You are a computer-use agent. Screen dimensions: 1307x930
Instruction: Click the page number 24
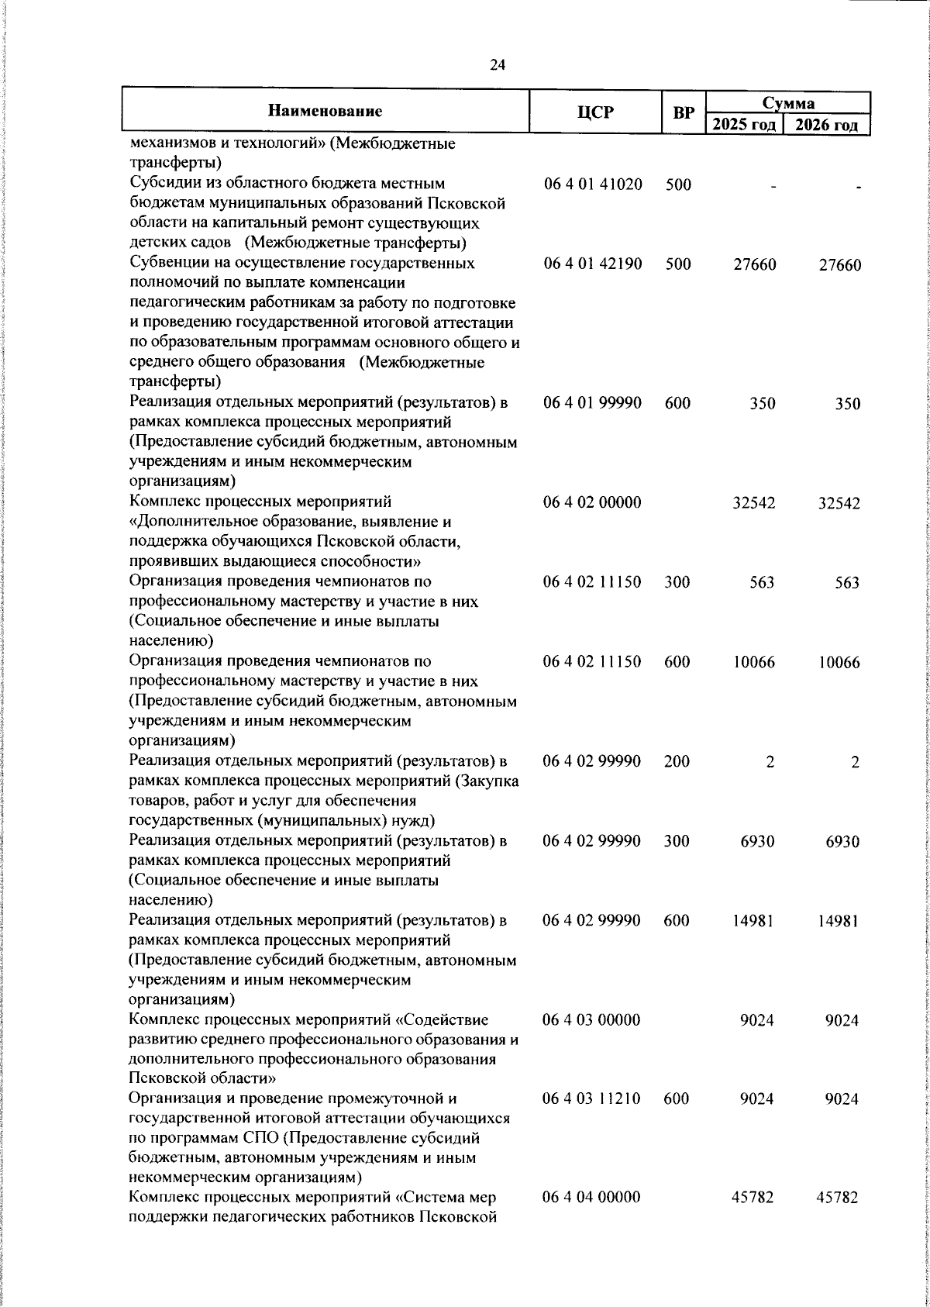pyautogui.click(x=498, y=66)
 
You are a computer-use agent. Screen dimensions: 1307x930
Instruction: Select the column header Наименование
pyautogui.click(x=325, y=111)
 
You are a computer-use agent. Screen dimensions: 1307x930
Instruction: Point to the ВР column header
pyautogui.click(x=683, y=113)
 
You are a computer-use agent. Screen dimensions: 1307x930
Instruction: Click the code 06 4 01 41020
pyautogui.click(x=593, y=185)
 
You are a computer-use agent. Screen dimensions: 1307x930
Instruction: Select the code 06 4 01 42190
pyautogui.click(x=593, y=264)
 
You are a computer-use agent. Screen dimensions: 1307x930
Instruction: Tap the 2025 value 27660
pyautogui.click(x=754, y=265)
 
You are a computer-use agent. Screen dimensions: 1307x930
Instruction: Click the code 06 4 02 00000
pyautogui.click(x=593, y=503)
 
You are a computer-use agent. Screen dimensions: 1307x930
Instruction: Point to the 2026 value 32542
pyautogui.click(x=839, y=504)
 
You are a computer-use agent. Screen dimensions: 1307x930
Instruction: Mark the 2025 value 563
pyautogui.click(x=762, y=583)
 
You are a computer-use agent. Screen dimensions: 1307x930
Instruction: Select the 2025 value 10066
pyautogui.click(x=753, y=663)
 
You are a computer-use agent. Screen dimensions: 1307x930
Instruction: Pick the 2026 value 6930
pyautogui.click(x=843, y=842)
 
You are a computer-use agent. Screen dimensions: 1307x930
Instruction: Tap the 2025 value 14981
pyautogui.click(x=753, y=921)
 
